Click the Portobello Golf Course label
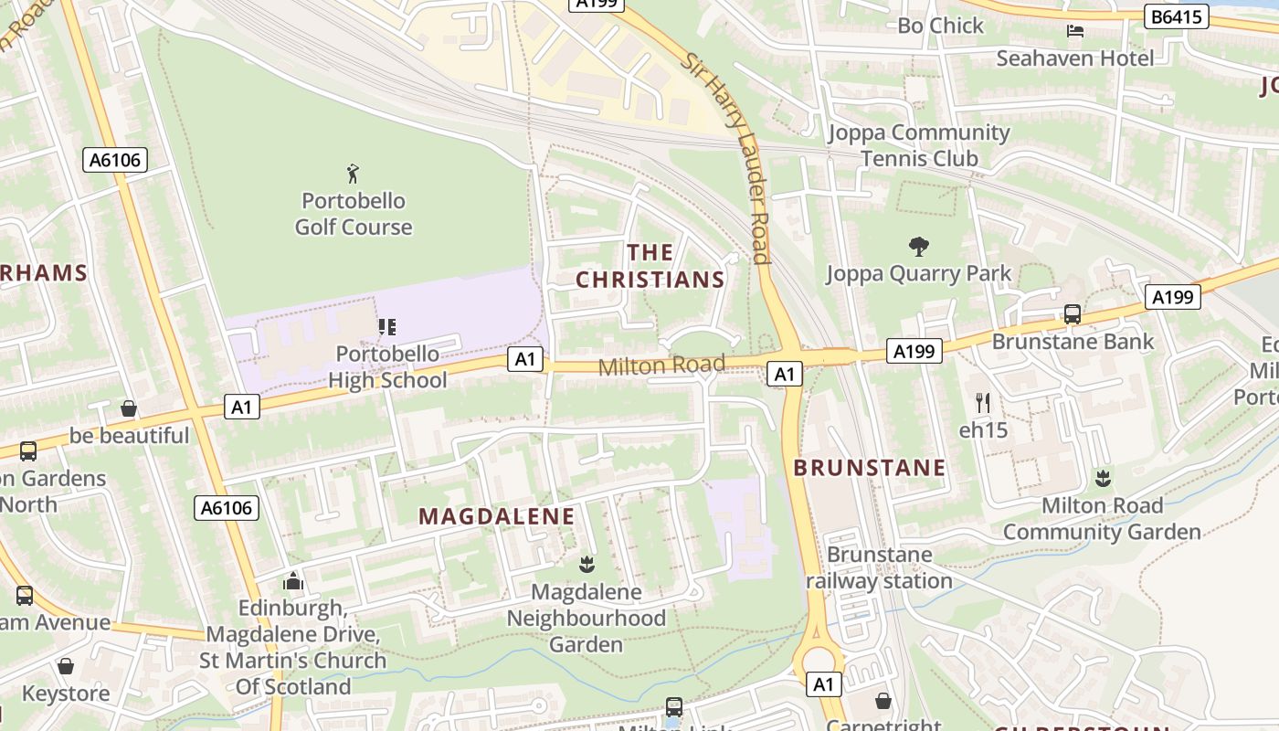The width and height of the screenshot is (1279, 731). (354, 214)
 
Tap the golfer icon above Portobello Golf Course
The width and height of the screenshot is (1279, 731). (354, 173)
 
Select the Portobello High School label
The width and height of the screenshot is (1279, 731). (387, 367)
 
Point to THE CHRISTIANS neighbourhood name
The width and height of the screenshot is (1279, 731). (650, 266)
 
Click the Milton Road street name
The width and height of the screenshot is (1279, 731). (661, 365)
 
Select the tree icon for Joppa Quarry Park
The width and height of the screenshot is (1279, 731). (919, 245)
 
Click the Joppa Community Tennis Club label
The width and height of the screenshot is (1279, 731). (919, 145)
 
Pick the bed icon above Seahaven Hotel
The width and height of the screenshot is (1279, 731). (1075, 31)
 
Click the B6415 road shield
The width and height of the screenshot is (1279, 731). (1177, 16)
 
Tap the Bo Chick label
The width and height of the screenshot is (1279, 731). (940, 26)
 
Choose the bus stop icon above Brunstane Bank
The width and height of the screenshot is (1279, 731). (1073, 314)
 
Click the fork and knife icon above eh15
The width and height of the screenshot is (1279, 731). (983, 402)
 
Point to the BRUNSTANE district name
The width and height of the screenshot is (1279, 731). (869, 468)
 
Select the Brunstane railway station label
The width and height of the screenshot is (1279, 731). (879, 567)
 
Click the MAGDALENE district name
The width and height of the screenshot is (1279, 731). (497, 516)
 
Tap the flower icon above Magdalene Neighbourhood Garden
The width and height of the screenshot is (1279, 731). (587, 565)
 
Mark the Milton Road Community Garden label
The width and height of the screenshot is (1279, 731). (1102, 518)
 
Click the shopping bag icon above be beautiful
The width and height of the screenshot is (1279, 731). (129, 408)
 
